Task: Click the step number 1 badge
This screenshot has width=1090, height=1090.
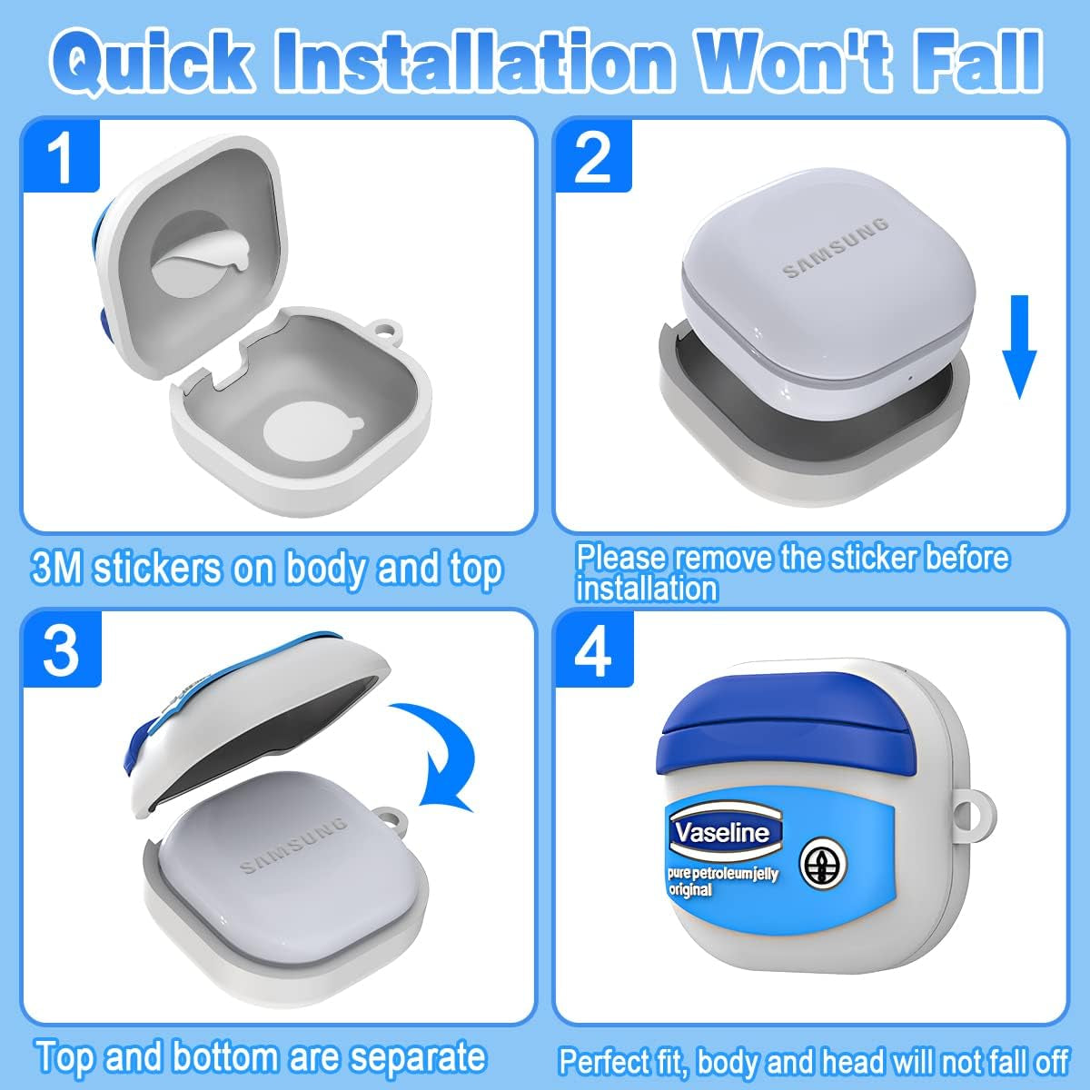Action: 61,155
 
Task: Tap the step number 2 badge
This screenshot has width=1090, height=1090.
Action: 593,155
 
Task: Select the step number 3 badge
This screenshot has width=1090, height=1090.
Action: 62,649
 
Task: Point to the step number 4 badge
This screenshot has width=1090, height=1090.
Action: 594,649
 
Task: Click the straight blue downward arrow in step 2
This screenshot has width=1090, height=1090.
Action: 1019,346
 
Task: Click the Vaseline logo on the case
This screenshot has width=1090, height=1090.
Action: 726,833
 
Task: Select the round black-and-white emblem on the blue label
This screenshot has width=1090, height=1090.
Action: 823,866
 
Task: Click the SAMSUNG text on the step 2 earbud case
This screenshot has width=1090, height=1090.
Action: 836,248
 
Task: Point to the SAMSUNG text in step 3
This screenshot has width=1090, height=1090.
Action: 293,845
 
